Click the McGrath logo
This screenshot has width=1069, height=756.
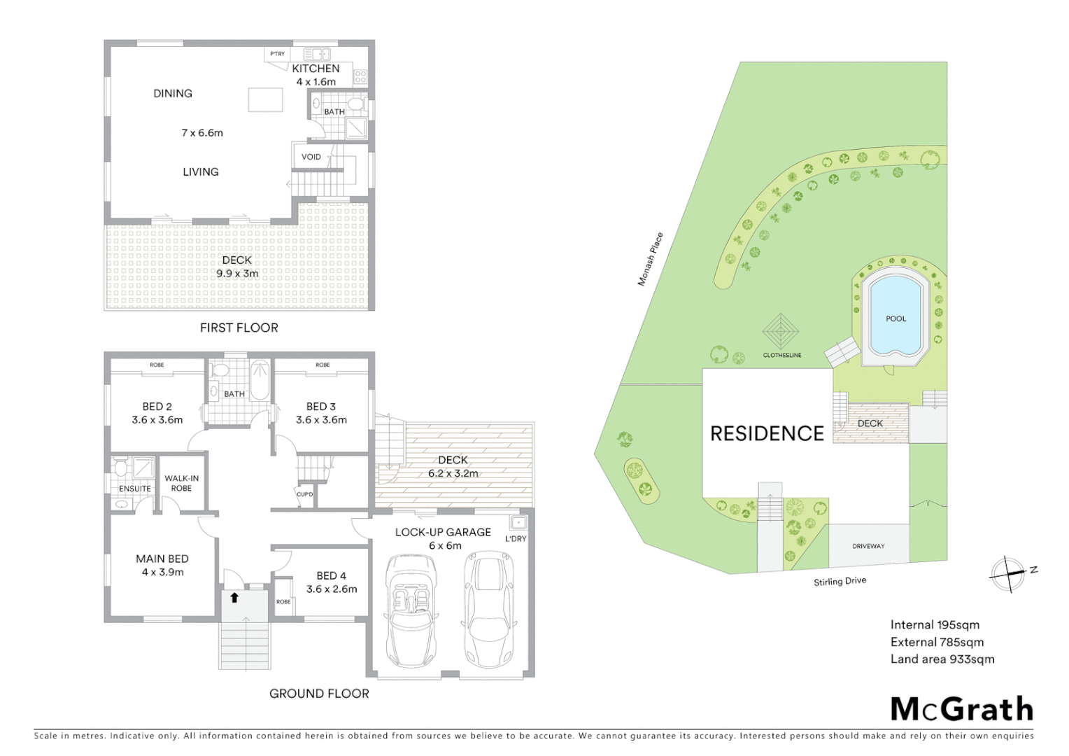pos(961,709)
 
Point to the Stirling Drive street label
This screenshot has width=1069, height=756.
pos(840,581)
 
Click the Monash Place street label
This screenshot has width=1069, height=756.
pos(650,259)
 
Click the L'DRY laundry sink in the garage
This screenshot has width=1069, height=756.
pos(518,523)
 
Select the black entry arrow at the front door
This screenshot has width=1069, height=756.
pos(234,597)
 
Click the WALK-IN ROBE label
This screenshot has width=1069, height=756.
pos(181,483)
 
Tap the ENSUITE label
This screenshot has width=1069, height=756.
pos(134,489)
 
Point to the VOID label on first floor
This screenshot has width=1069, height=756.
pos(311,157)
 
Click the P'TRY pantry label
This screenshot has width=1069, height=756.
pos(278,54)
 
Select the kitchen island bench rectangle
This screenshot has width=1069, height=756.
pos(265,100)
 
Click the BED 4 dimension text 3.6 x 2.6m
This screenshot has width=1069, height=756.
pos(332,589)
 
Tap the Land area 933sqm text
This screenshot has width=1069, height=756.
pos(942,659)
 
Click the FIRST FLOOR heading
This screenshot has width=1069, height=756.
pos(239,328)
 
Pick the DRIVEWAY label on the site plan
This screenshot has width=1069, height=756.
pos(868,546)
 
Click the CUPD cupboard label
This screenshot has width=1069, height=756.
pos(304,494)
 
